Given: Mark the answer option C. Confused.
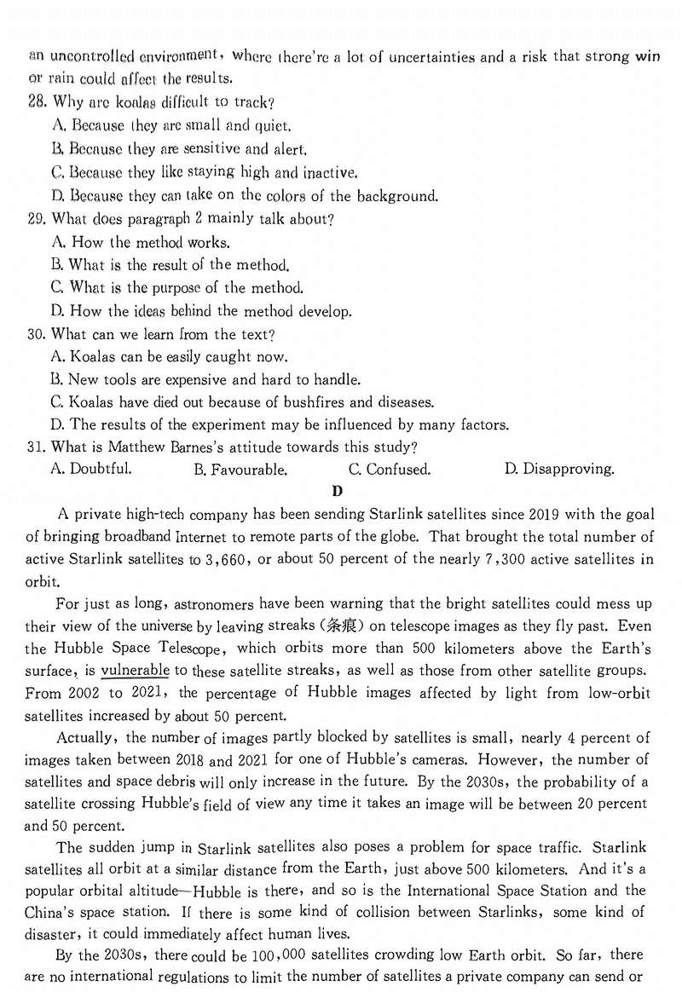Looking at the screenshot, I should coord(390,470).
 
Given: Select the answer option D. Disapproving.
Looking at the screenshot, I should coord(559,469).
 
